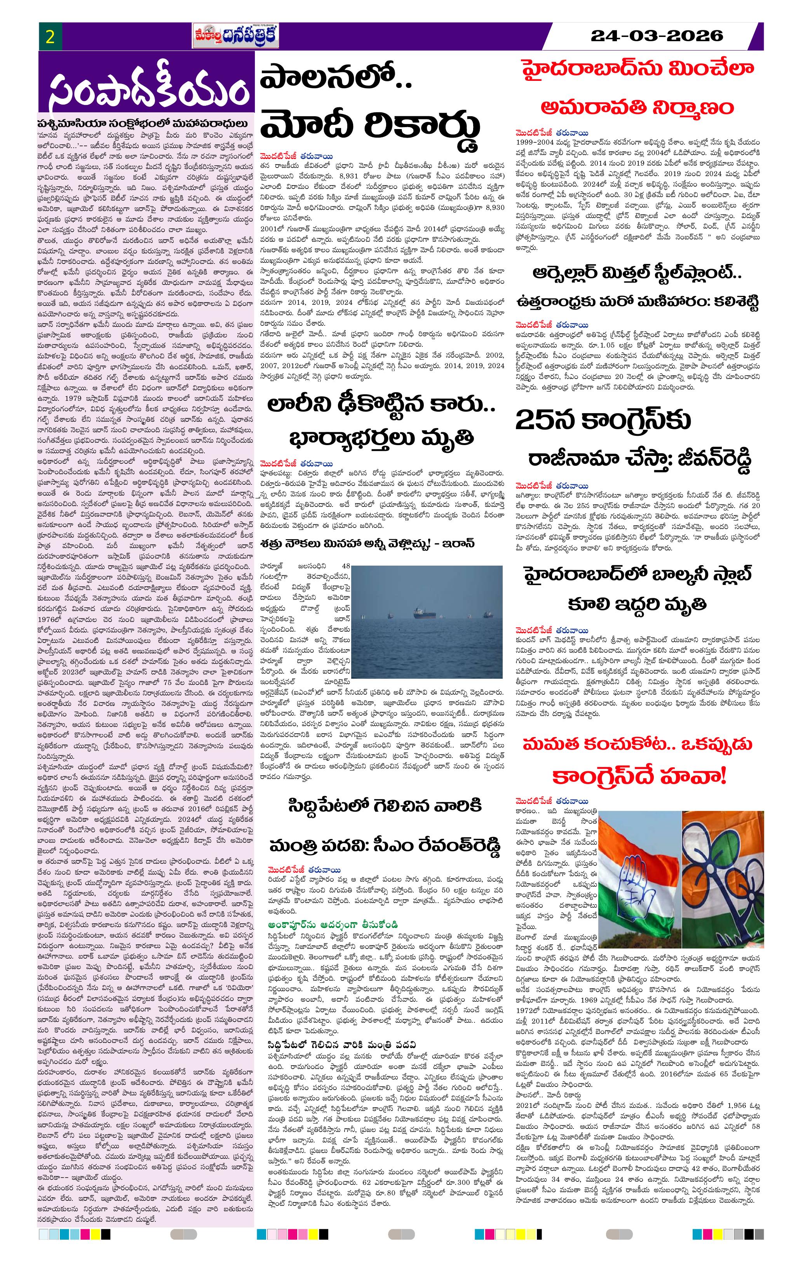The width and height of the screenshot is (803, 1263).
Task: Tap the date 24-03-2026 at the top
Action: coord(656,36)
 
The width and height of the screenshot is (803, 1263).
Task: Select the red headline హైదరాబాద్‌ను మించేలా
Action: coord(637,69)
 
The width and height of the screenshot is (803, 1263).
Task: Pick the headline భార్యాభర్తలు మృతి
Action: coord(381,437)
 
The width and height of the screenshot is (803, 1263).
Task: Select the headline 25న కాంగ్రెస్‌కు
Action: coord(603,419)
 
